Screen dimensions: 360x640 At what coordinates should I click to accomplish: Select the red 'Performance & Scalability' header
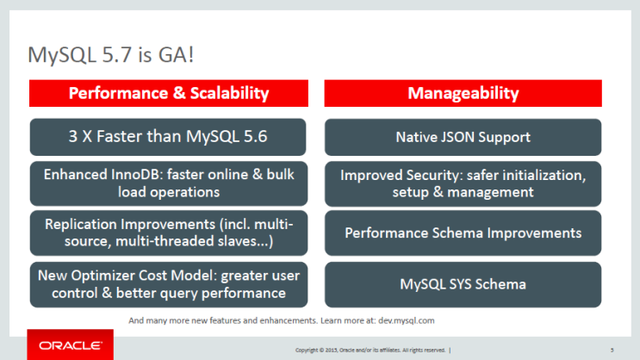[169, 93]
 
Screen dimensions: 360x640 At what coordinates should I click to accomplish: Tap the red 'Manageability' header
[463, 93]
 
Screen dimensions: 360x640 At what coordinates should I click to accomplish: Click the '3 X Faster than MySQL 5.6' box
[169, 136]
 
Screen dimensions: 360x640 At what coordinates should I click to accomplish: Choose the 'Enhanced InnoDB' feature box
[169, 183]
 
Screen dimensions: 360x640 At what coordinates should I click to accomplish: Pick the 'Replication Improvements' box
[169, 233]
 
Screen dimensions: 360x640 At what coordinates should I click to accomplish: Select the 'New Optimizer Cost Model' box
[169, 284]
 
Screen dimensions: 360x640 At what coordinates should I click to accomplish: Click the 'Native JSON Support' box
[463, 136]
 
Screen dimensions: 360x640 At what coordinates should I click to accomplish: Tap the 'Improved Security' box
[463, 183]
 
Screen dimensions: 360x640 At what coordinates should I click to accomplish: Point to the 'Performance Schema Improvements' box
[463, 233]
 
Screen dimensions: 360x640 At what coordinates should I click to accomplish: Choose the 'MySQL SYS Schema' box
[463, 284]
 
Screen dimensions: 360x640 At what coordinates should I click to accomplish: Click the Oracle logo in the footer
[70, 346]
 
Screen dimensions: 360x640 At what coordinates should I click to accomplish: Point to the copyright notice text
[370, 350]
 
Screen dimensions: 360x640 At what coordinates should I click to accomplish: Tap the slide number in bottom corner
[611, 350]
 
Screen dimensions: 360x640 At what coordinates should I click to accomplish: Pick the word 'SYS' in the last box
[465, 284]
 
